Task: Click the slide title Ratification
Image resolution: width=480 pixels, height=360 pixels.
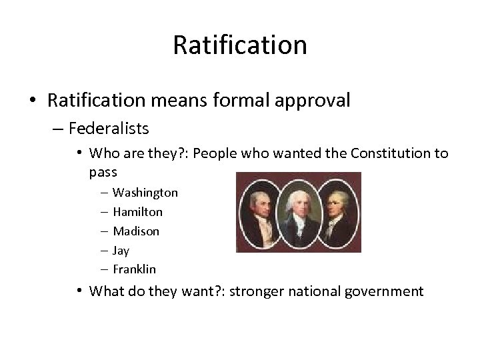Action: tap(240, 45)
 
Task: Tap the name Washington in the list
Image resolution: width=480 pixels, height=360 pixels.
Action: tap(145, 193)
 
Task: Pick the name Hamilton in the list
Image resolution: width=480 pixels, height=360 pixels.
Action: tap(137, 212)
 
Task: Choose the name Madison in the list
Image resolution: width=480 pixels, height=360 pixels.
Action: tap(136, 231)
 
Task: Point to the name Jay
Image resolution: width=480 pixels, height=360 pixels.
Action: tap(121, 251)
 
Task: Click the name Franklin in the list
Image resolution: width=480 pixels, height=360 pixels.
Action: tap(135, 270)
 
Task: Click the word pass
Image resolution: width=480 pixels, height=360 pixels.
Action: tap(103, 172)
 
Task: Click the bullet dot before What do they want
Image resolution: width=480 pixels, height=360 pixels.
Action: tap(79, 291)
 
